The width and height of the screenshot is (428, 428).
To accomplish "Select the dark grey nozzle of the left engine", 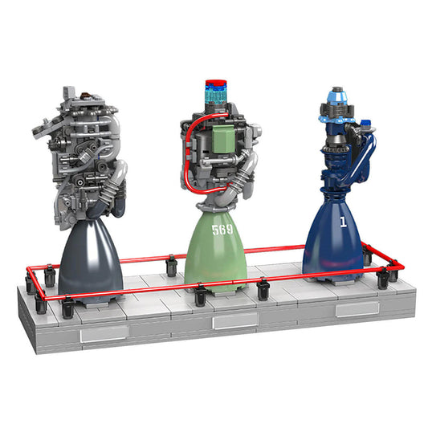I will point(90,257).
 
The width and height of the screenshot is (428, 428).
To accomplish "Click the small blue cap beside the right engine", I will point(367,124).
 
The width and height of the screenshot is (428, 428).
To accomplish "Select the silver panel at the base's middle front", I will point(234,321).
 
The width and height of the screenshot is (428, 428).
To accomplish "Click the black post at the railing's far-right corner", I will point(393,268).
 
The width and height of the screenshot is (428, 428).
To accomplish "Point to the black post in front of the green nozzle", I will point(200,296).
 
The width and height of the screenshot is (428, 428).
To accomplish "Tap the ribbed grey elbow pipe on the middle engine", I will point(243,173).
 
